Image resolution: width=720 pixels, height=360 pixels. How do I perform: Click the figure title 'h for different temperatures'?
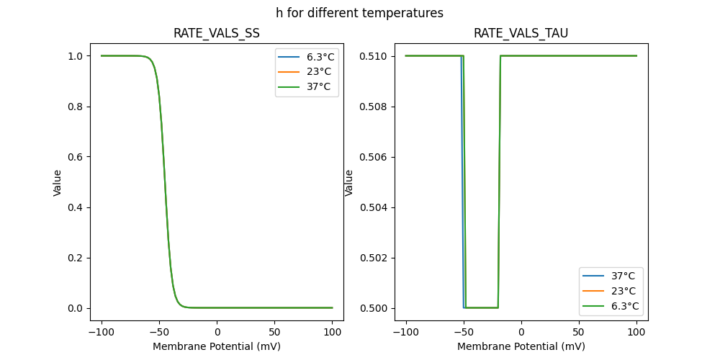(359, 13)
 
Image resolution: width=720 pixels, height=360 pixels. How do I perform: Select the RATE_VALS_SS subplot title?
(217, 34)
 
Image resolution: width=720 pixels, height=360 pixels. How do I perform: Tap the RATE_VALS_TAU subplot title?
(521, 34)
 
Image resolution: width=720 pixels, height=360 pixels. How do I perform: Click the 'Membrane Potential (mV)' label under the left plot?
(217, 346)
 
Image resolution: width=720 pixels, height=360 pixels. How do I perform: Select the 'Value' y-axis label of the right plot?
(349, 183)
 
